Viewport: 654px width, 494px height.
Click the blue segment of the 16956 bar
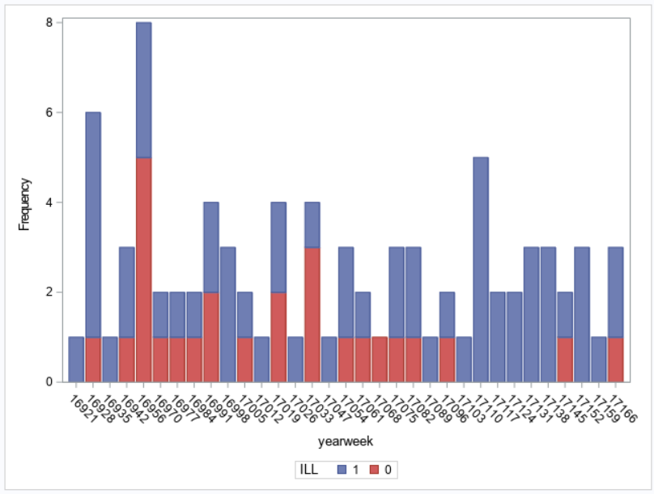pyautogui.click(x=143, y=90)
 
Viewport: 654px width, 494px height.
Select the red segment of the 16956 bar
pyautogui.click(x=143, y=269)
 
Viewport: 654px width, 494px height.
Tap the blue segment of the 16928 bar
pyautogui.click(x=93, y=224)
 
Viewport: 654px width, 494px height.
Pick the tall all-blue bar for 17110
pyautogui.click(x=481, y=269)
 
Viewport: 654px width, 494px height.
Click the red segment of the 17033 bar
pyautogui.click(x=312, y=314)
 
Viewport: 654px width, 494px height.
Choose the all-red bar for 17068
pyautogui.click(x=380, y=359)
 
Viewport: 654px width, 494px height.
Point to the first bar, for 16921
pyautogui.click(x=76, y=359)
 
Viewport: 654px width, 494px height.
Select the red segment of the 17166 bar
pyautogui.click(x=616, y=359)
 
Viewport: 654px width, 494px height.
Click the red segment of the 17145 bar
pyautogui.click(x=565, y=359)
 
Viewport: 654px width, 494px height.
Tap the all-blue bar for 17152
pyautogui.click(x=582, y=314)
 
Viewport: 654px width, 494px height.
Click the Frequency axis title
pyautogui.click(x=23, y=202)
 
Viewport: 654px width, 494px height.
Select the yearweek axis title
pyautogui.click(x=346, y=442)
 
